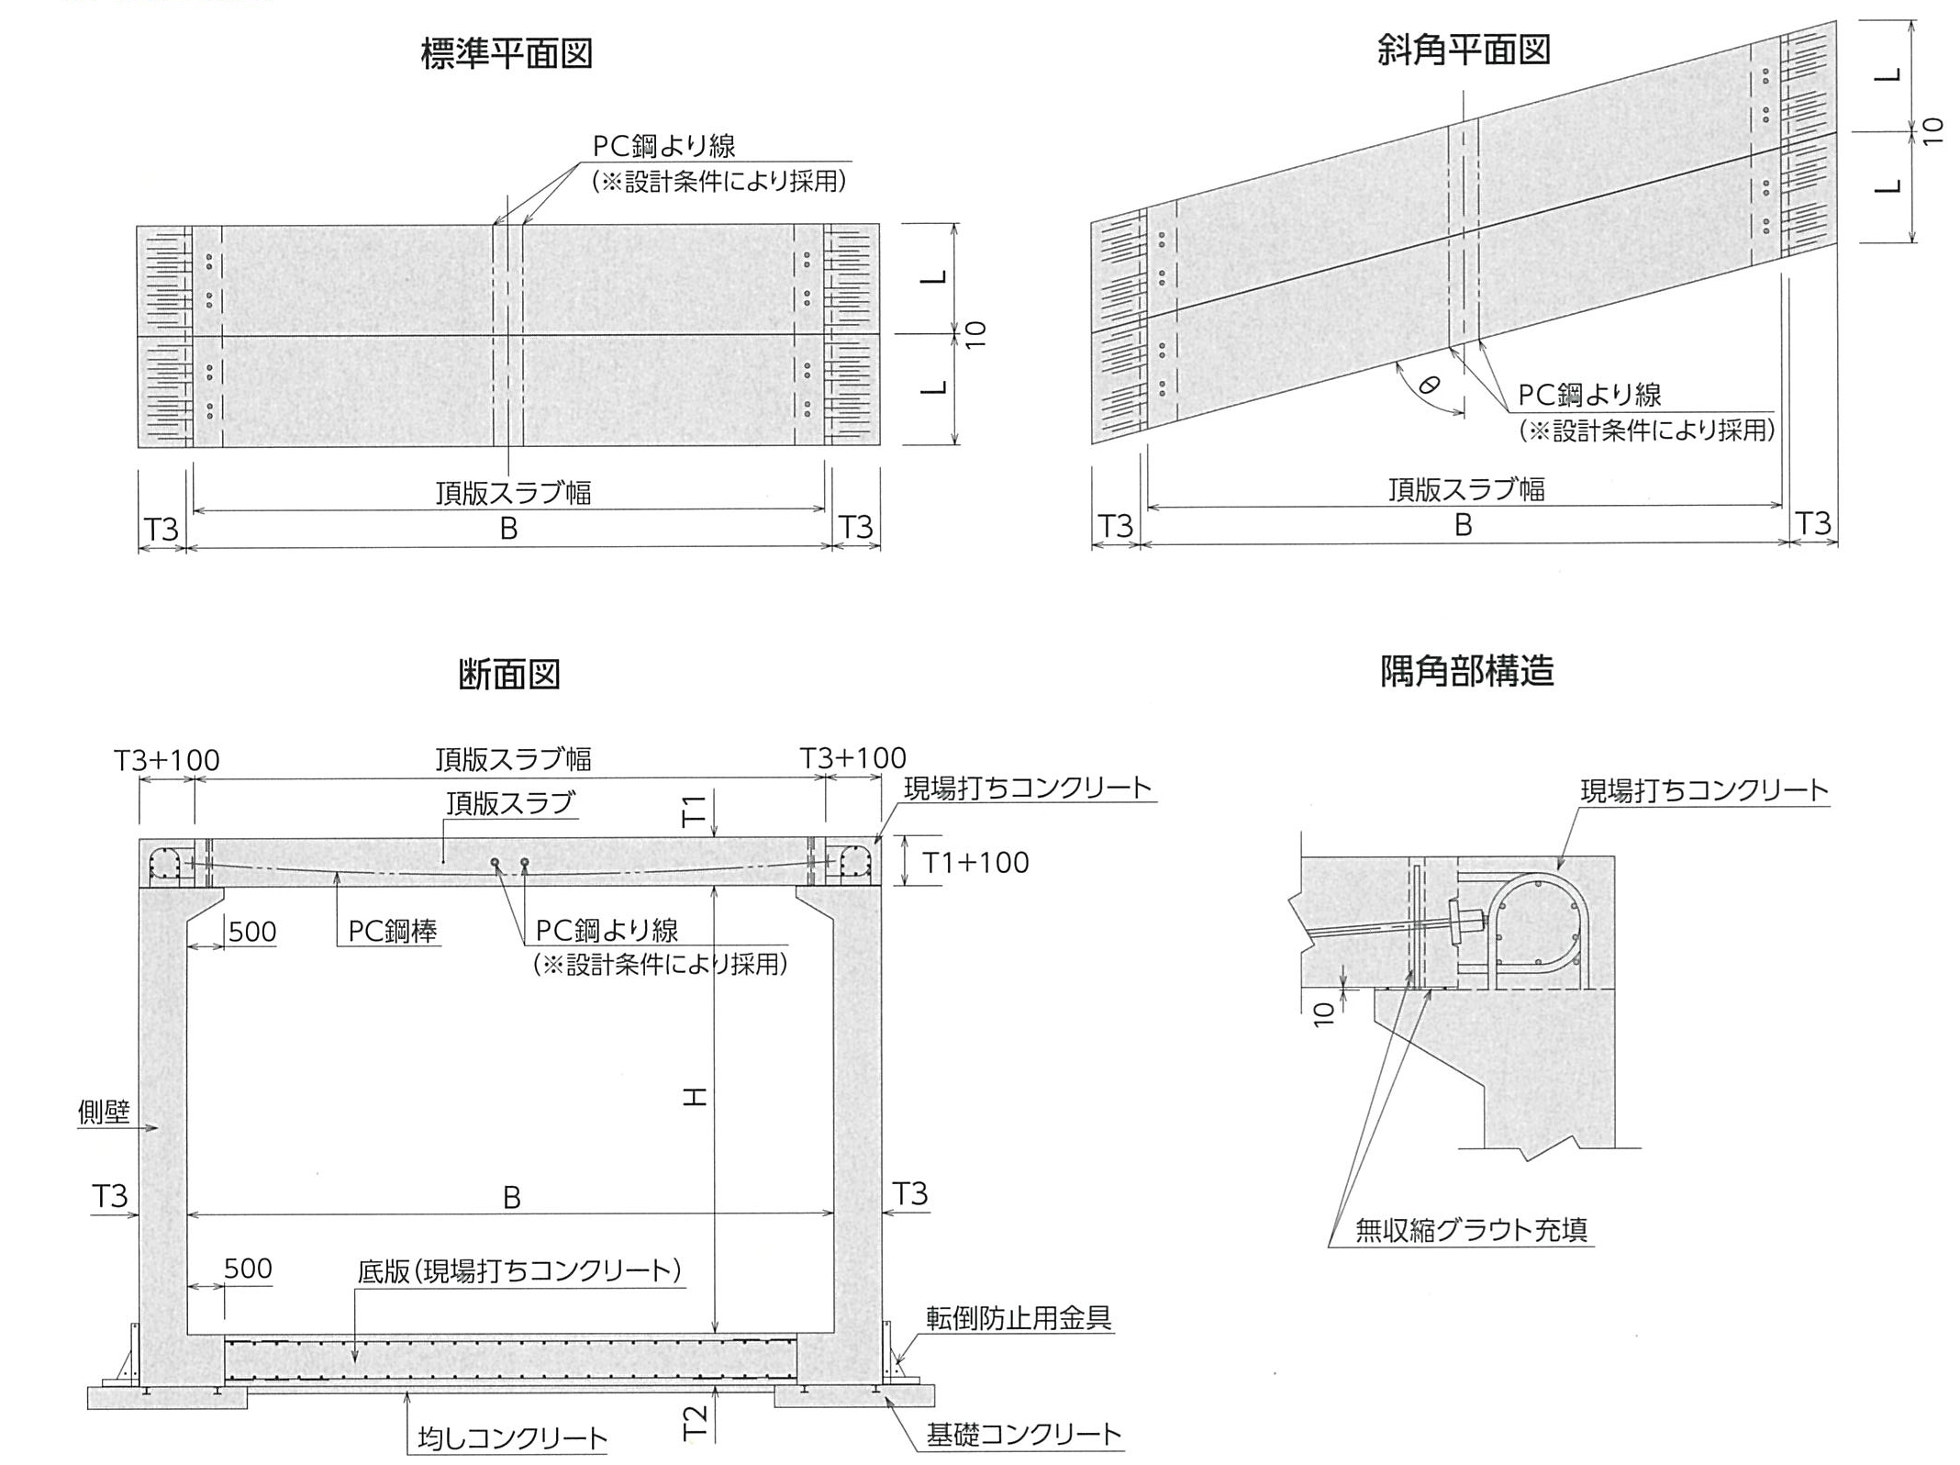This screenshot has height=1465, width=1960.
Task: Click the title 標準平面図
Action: point(507,53)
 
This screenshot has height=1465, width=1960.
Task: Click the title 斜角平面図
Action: point(1464,50)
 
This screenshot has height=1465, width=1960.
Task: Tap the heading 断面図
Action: point(509,675)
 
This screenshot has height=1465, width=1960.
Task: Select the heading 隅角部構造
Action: point(1466,671)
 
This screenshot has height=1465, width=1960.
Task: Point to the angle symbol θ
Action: point(1429,386)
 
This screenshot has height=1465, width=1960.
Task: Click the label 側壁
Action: point(104,1113)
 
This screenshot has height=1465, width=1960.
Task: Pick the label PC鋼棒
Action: point(393,932)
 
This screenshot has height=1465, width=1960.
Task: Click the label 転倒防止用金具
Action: point(1019,1318)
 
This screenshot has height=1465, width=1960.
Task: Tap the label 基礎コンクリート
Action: point(1023,1434)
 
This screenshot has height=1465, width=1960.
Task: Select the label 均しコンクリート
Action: point(513,1437)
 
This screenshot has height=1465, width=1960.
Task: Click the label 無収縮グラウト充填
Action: point(1471,1229)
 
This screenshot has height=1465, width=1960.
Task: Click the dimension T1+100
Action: point(975,863)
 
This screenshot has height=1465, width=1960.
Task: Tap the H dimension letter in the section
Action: point(696,1096)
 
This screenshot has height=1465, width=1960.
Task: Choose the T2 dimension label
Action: point(696,1423)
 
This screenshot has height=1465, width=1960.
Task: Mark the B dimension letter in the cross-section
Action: point(512,1198)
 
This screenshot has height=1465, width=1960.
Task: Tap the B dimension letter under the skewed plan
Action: point(1464,525)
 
